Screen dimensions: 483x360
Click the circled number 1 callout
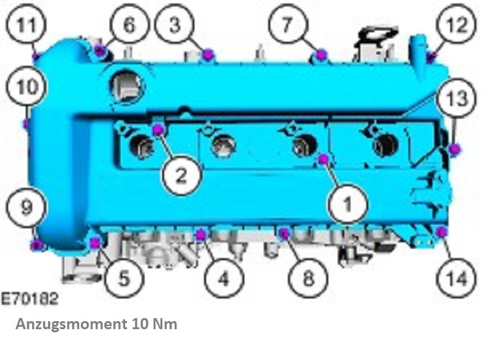coord(348,203)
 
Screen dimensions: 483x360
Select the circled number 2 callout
coord(182,174)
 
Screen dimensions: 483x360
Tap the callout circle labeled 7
coord(287,24)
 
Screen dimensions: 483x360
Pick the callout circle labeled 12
coord(457,24)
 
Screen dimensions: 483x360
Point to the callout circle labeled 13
coord(457,98)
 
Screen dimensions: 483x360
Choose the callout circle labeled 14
coord(456,279)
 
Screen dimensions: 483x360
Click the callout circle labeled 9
coord(27,206)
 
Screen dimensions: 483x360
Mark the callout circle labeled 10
coord(27,86)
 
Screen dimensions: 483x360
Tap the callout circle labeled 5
coord(125,278)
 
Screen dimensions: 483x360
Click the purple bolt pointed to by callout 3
coord(208,54)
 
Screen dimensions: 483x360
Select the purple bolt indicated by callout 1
coord(323,159)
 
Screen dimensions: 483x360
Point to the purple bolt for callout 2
coord(159,129)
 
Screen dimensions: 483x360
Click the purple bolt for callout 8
coord(284,233)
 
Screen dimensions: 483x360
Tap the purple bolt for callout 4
coord(201,235)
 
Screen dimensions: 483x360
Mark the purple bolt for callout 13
coord(454,149)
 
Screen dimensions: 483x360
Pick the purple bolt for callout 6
coord(100,50)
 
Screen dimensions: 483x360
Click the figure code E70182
coord(30,298)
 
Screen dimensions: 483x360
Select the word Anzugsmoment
coord(71,324)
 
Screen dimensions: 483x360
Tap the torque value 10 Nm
coord(155,324)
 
